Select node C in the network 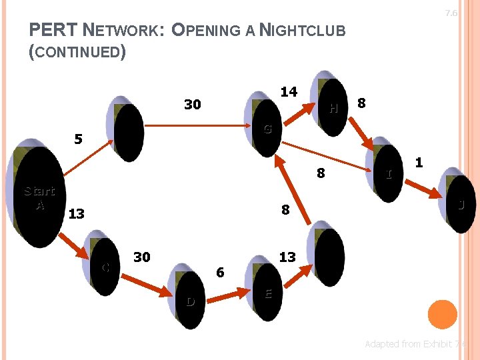(107, 263)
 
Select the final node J (459, 202)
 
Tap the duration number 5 (79, 140)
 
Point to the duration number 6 (220, 272)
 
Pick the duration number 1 (419, 162)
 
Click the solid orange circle (441, 315)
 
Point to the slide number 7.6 (451, 13)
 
